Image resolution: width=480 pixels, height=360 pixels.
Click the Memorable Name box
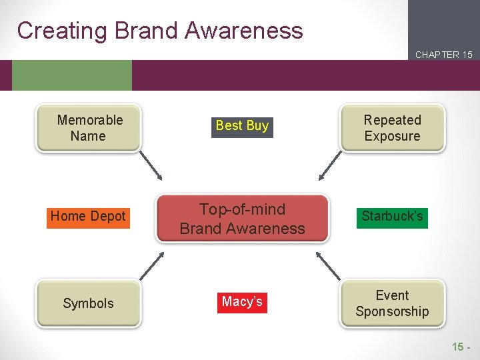tap(89, 128)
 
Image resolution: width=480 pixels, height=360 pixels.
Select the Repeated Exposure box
tap(392, 128)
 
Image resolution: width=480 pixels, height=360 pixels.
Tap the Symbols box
tap(89, 303)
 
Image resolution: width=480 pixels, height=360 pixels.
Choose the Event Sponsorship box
tap(392, 303)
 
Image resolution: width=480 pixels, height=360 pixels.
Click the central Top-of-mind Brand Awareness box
tap(242, 219)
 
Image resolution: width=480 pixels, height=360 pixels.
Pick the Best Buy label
tap(242, 125)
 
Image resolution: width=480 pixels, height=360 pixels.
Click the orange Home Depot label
tap(88, 216)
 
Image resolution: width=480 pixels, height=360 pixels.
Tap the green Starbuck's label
tap(392, 216)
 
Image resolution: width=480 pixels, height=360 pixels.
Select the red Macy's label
tap(242, 302)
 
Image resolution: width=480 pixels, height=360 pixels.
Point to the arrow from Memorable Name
tap(151, 167)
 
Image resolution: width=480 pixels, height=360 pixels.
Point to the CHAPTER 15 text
tap(443, 55)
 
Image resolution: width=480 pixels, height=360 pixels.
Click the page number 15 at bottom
tap(458, 346)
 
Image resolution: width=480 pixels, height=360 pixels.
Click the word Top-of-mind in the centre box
tap(242, 209)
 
